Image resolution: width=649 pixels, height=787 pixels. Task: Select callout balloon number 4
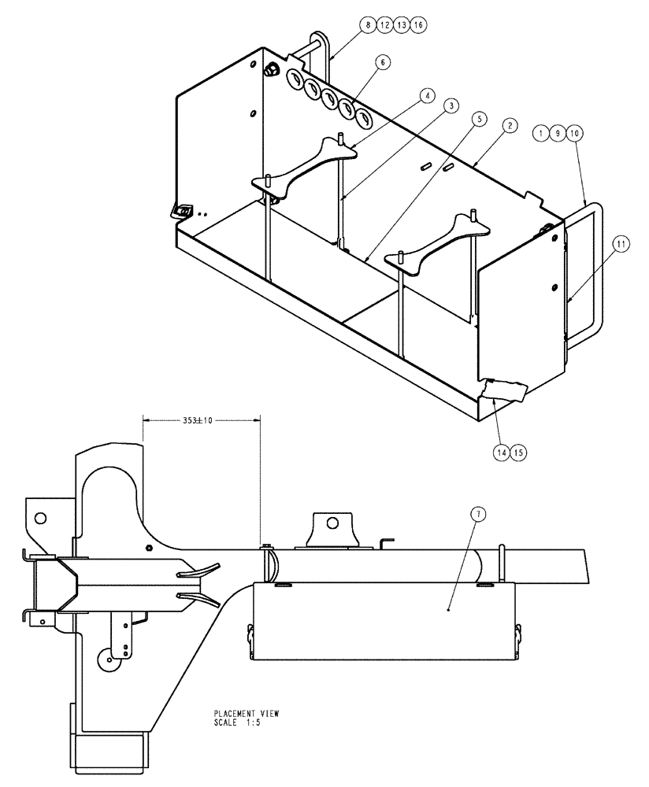click(426, 95)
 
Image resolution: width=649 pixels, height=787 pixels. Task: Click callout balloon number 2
click(510, 126)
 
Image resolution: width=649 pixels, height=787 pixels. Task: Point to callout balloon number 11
click(621, 246)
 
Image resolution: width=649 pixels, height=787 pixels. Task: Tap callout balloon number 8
click(368, 25)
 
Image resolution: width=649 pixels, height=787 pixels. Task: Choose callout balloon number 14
click(499, 452)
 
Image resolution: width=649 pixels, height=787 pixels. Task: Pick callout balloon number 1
click(540, 134)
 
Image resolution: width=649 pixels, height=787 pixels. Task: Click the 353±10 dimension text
click(201, 420)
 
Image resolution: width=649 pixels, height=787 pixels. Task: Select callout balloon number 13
click(401, 25)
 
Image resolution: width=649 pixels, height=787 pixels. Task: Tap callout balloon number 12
click(384, 25)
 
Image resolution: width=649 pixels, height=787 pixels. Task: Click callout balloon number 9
click(557, 134)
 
